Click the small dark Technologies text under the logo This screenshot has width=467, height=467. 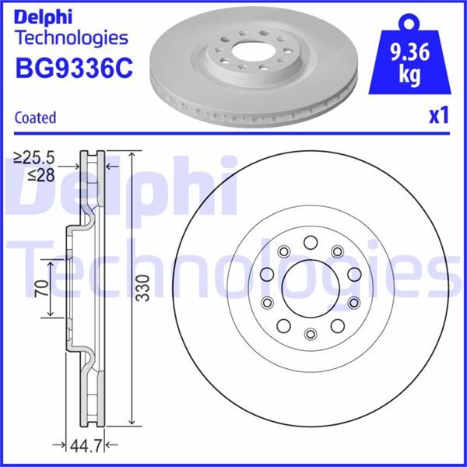click(71, 37)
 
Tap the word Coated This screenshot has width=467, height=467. click(35, 118)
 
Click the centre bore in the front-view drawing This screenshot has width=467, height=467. click(310, 287)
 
